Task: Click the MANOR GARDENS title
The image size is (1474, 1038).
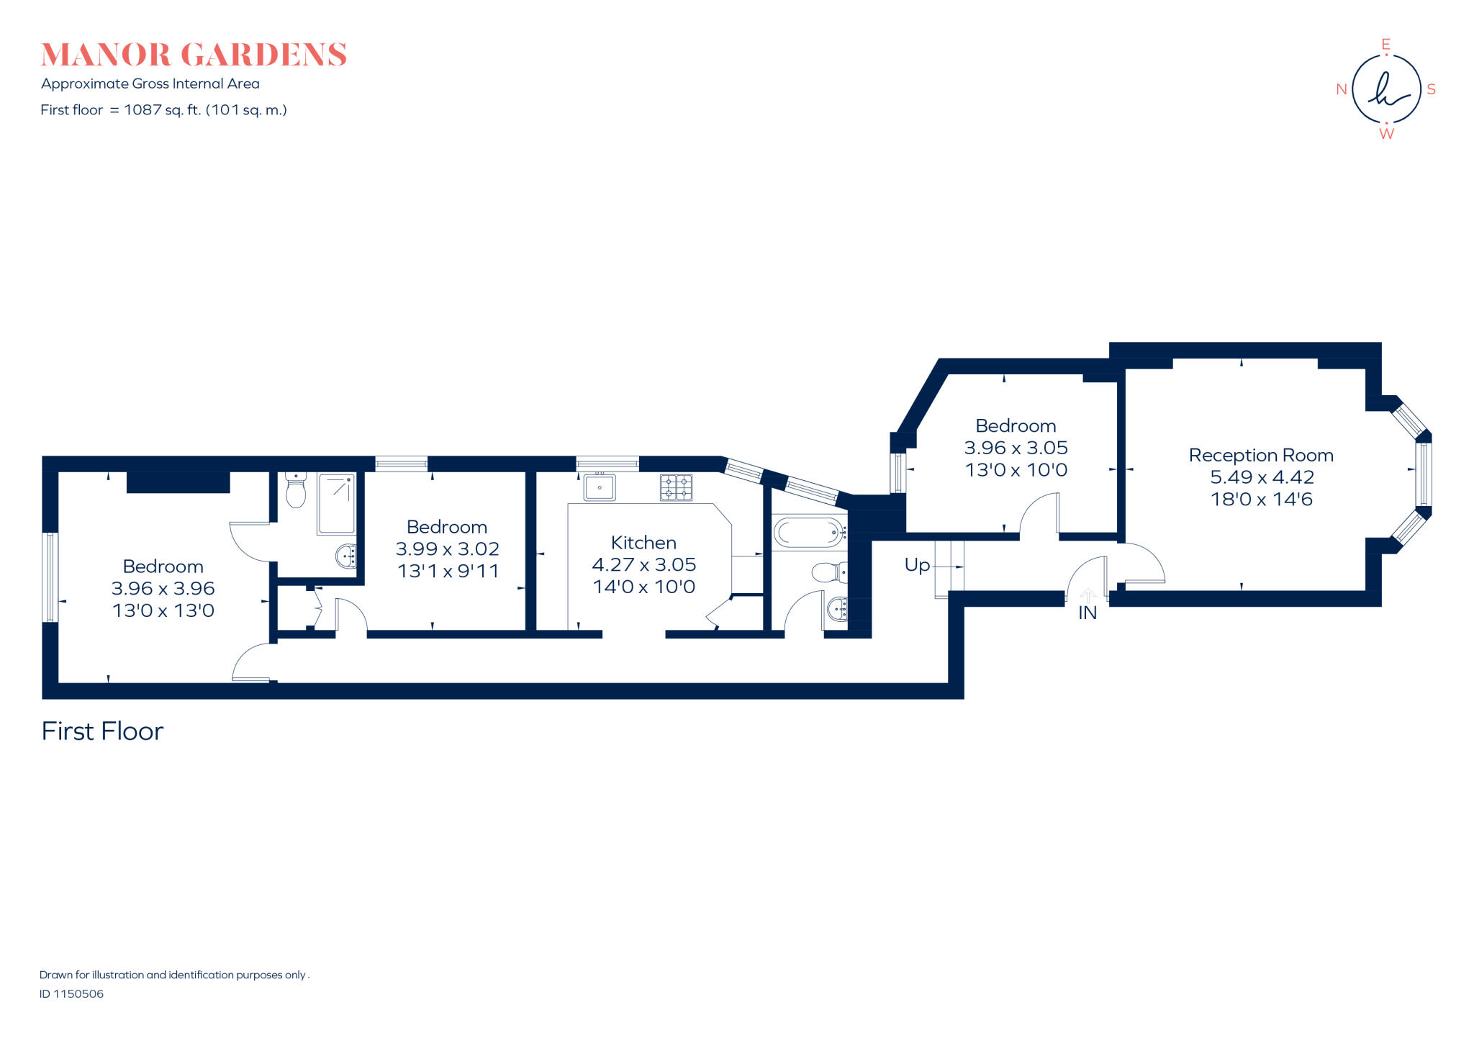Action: point(194,55)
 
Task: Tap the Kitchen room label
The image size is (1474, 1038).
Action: point(643,543)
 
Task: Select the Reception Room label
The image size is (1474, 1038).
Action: point(1261,455)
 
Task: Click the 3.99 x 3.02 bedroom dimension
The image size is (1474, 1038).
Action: point(447,549)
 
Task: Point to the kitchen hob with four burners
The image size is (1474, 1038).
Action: point(676,487)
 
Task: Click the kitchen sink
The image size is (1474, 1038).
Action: point(599,487)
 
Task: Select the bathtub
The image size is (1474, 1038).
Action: point(808,533)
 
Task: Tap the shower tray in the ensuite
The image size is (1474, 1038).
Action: point(336,503)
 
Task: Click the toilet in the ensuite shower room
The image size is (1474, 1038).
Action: point(296,491)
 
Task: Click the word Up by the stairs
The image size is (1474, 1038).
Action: point(917,565)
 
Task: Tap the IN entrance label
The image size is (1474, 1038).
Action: point(1088,613)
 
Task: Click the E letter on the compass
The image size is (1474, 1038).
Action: point(1385,45)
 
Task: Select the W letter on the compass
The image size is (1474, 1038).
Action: point(1386,134)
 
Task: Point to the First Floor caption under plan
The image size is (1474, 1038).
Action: point(102,731)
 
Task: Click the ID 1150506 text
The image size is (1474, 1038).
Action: point(71,994)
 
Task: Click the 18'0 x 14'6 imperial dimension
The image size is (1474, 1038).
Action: point(1261,500)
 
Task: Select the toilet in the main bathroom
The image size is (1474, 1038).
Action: point(829,573)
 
